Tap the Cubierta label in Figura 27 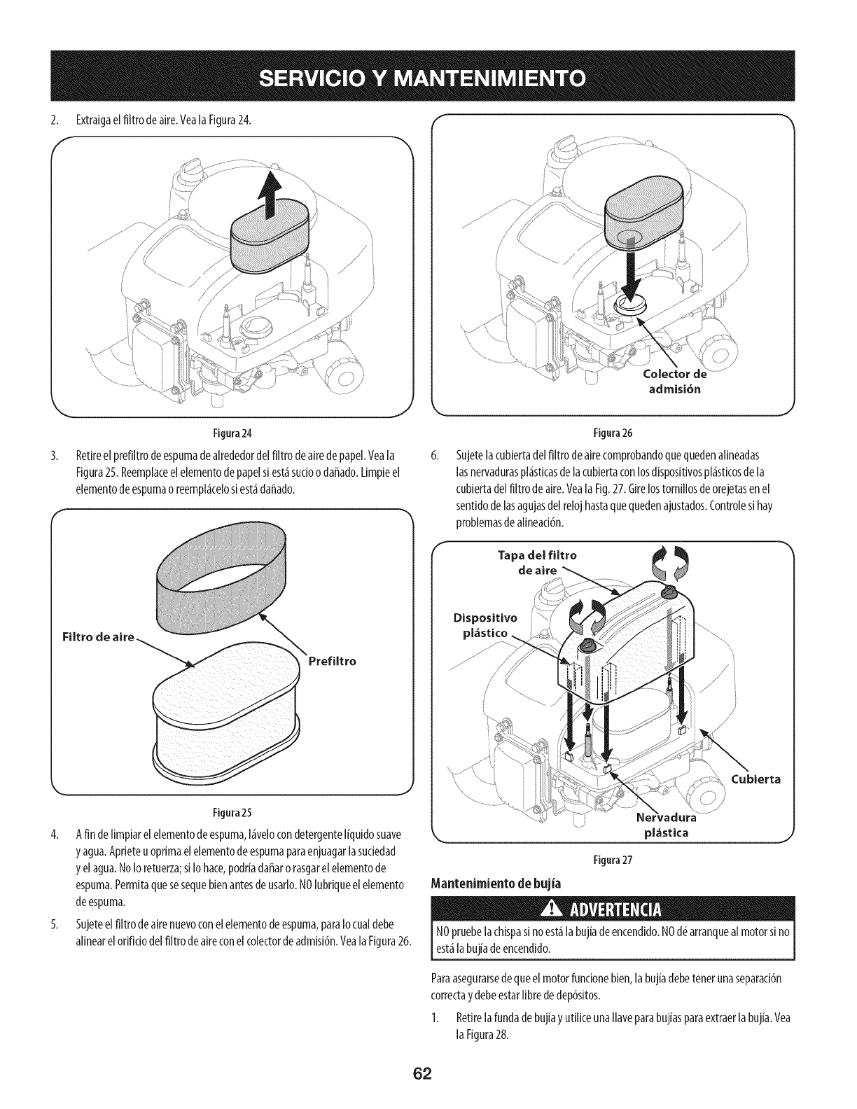[755, 779]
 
